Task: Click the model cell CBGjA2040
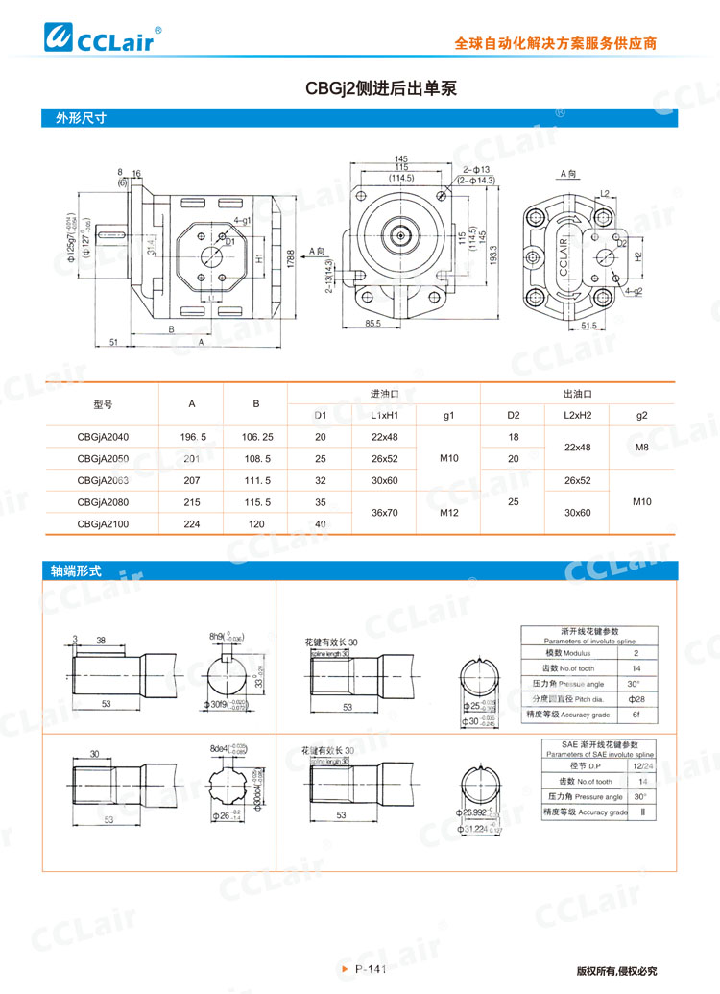(103, 437)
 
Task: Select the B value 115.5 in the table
(256, 501)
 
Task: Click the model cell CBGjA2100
(103, 523)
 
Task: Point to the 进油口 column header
(384, 394)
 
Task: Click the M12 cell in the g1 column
(448, 513)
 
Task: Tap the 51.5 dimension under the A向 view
(589, 326)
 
